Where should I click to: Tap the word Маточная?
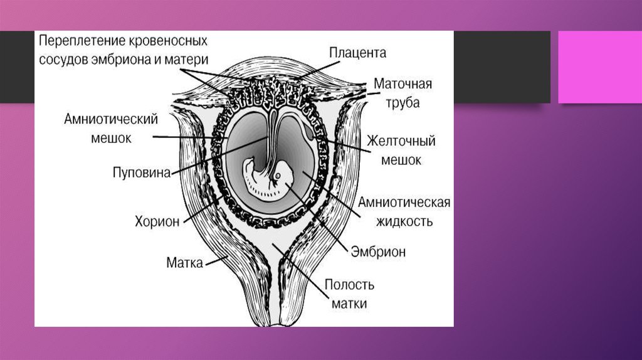tap(403, 83)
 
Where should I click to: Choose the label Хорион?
tap(157, 221)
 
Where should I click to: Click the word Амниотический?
tap(110, 120)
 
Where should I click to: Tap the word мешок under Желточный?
tap(401, 159)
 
